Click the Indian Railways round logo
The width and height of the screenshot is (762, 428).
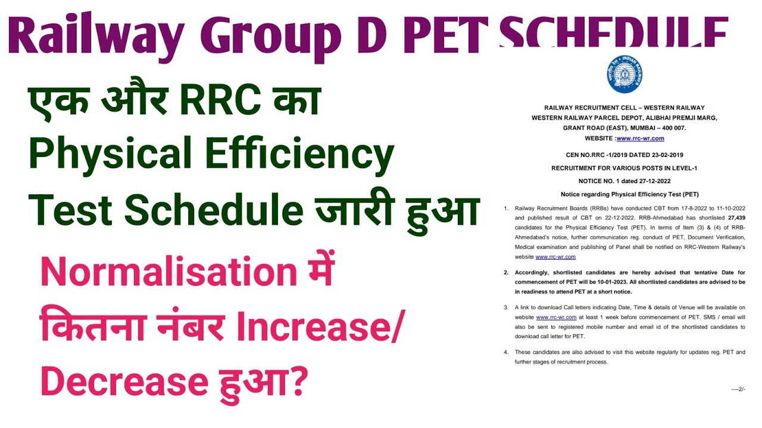624,74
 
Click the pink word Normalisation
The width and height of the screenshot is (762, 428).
168,272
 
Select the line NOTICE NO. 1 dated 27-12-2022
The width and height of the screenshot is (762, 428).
624,181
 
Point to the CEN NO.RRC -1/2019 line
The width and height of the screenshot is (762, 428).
624,156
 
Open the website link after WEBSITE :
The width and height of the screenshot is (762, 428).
640,139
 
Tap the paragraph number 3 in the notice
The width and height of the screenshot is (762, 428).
506,308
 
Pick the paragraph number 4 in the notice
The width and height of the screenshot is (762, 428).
506,352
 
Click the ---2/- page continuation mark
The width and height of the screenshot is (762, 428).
738,389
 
